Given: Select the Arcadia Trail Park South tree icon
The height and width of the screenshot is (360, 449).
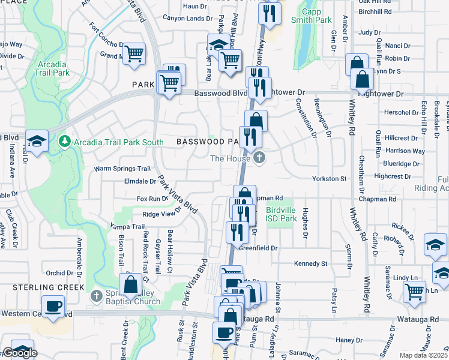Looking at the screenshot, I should point(65,142).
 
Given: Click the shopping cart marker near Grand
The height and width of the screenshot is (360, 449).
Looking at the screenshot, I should point(134,55).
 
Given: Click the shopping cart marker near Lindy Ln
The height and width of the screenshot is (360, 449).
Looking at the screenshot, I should point(414,292).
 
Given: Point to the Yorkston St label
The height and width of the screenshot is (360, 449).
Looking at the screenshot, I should point(330,179).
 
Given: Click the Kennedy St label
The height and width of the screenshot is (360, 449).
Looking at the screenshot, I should point(310,263).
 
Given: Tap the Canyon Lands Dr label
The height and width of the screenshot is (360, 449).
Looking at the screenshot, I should point(184,19).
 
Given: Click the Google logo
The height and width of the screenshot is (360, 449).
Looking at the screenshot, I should point(20,353).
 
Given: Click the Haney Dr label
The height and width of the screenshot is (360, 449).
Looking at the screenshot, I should point(346,340).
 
